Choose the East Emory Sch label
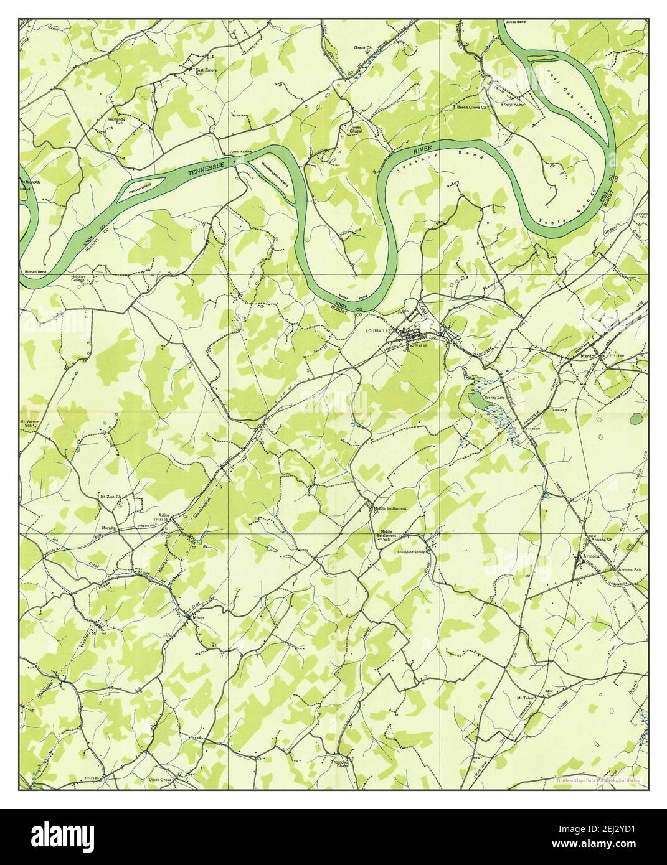click(206, 72)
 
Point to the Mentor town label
click(589, 356)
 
